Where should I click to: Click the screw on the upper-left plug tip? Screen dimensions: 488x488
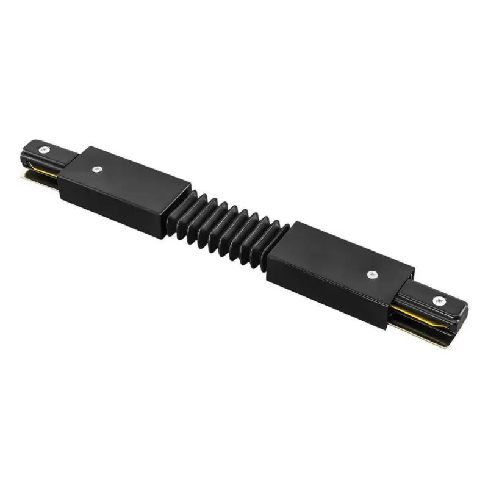(44, 149)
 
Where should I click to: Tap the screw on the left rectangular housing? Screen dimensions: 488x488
(96, 170)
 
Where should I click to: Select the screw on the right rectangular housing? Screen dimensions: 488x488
(371, 274)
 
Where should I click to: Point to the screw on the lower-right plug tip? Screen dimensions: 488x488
(438, 300)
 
